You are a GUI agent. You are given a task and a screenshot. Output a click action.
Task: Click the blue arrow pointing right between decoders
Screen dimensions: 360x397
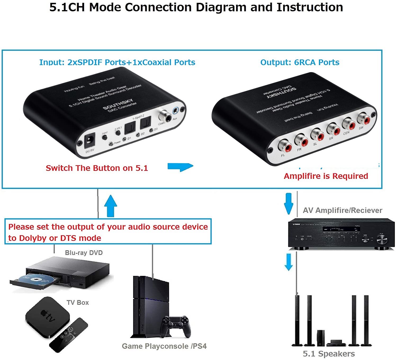181,167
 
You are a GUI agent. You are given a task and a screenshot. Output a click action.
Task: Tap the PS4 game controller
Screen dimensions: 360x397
176,326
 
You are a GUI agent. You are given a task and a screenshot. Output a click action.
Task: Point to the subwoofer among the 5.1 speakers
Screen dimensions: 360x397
321,338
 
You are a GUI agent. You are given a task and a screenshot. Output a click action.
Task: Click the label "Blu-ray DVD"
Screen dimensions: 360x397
84,253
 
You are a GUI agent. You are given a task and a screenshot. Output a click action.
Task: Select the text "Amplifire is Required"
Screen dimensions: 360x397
326,176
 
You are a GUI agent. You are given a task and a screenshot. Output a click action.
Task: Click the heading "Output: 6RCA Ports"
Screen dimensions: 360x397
300,62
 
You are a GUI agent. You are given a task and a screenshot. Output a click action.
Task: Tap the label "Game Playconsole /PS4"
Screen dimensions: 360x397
164,346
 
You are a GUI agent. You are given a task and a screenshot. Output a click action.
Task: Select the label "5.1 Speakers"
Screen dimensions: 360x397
329,354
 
